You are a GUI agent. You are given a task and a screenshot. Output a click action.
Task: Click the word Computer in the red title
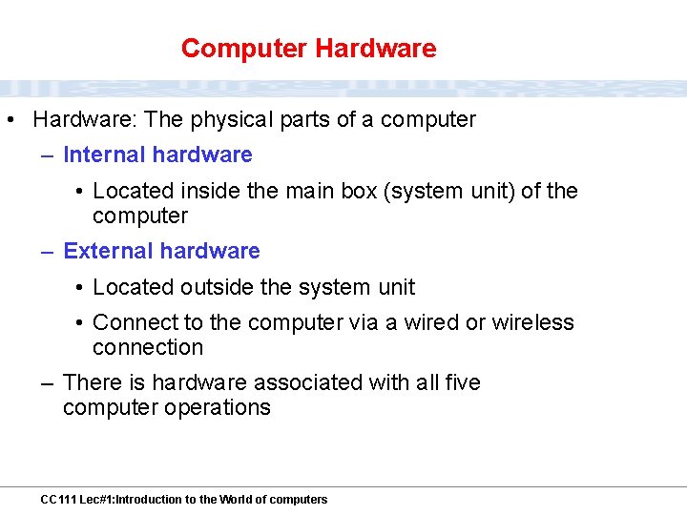tap(244, 49)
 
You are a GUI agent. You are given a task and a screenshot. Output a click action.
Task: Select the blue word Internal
tap(104, 155)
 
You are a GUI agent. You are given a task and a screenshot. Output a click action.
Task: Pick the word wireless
tap(533, 323)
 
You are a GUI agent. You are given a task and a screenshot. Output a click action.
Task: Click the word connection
tap(148, 348)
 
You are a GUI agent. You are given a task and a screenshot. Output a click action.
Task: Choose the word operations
tap(218, 408)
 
